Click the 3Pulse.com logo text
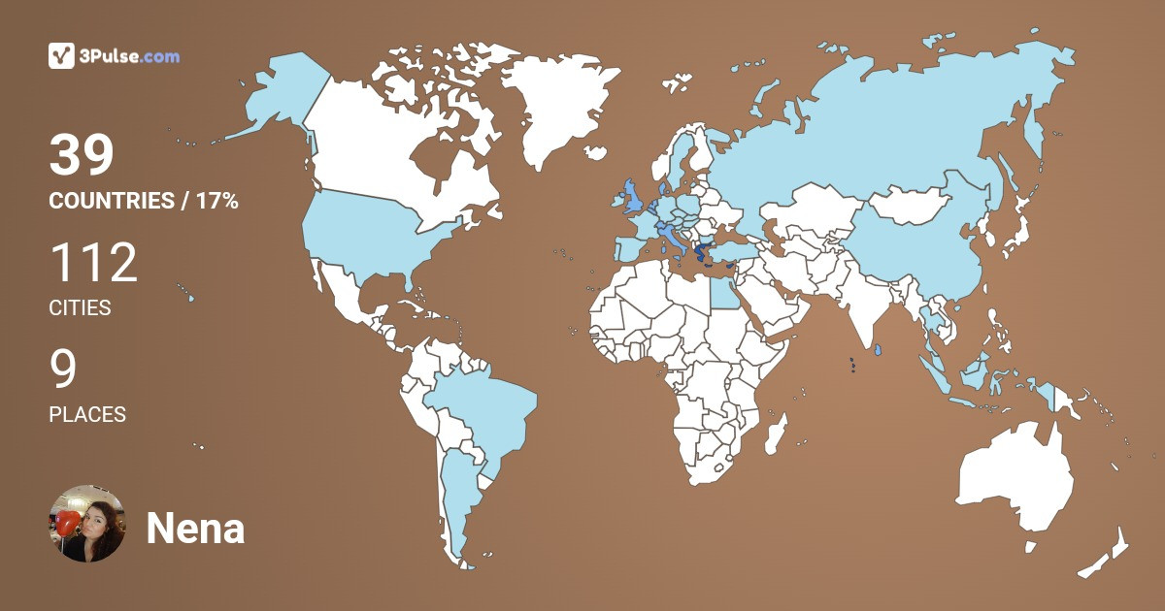pyautogui.click(x=131, y=56)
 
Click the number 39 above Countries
pyautogui.click(x=82, y=155)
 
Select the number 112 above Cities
pyautogui.click(x=93, y=264)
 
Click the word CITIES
pyautogui.click(x=80, y=308)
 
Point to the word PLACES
pyautogui.click(x=87, y=414)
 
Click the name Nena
pyautogui.click(x=195, y=530)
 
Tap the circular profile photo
pyautogui.click(x=86, y=524)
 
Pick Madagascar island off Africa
pyautogui.click(x=774, y=434)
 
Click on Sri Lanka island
pyautogui.click(x=878, y=350)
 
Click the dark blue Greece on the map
pyautogui.click(x=700, y=255)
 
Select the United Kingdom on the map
pyautogui.click(x=632, y=196)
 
